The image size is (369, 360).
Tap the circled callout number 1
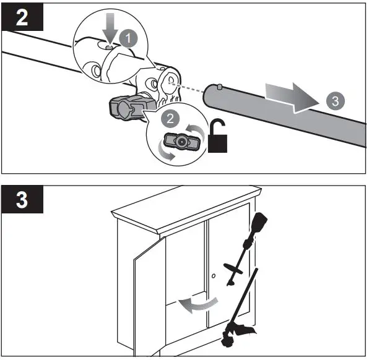(x=129, y=38)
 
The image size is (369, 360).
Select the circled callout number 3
(x=335, y=101)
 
